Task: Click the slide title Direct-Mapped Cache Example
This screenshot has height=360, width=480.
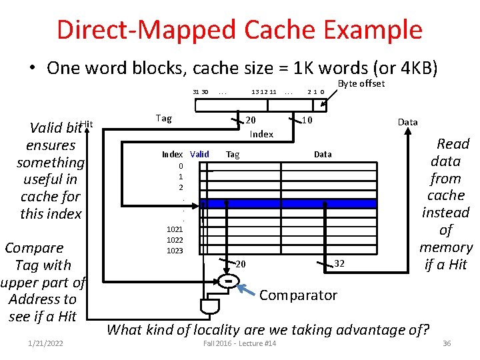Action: click(239, 30)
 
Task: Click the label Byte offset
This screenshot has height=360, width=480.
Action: click(361, 83)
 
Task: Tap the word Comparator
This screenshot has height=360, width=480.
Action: click(298, 295)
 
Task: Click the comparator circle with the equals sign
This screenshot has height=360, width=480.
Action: click(228, 282)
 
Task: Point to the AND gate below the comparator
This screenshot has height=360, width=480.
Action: click(209, 305)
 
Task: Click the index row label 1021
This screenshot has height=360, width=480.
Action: click(175, 229)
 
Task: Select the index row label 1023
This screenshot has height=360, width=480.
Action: click(175, 251)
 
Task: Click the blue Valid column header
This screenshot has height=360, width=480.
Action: click(199, 154)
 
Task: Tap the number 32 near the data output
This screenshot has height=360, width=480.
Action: click(339, 263)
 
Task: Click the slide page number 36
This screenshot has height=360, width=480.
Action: click(447, 343)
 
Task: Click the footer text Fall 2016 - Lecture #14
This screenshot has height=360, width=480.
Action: click(239, 343)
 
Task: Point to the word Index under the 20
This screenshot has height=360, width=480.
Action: click(261, 134)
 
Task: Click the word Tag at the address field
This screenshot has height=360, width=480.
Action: click(163, 118)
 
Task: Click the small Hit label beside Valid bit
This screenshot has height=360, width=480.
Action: click(87, 123)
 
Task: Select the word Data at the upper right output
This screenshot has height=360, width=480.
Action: click(407, 122)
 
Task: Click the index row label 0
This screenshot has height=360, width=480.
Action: click(181, 166)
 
